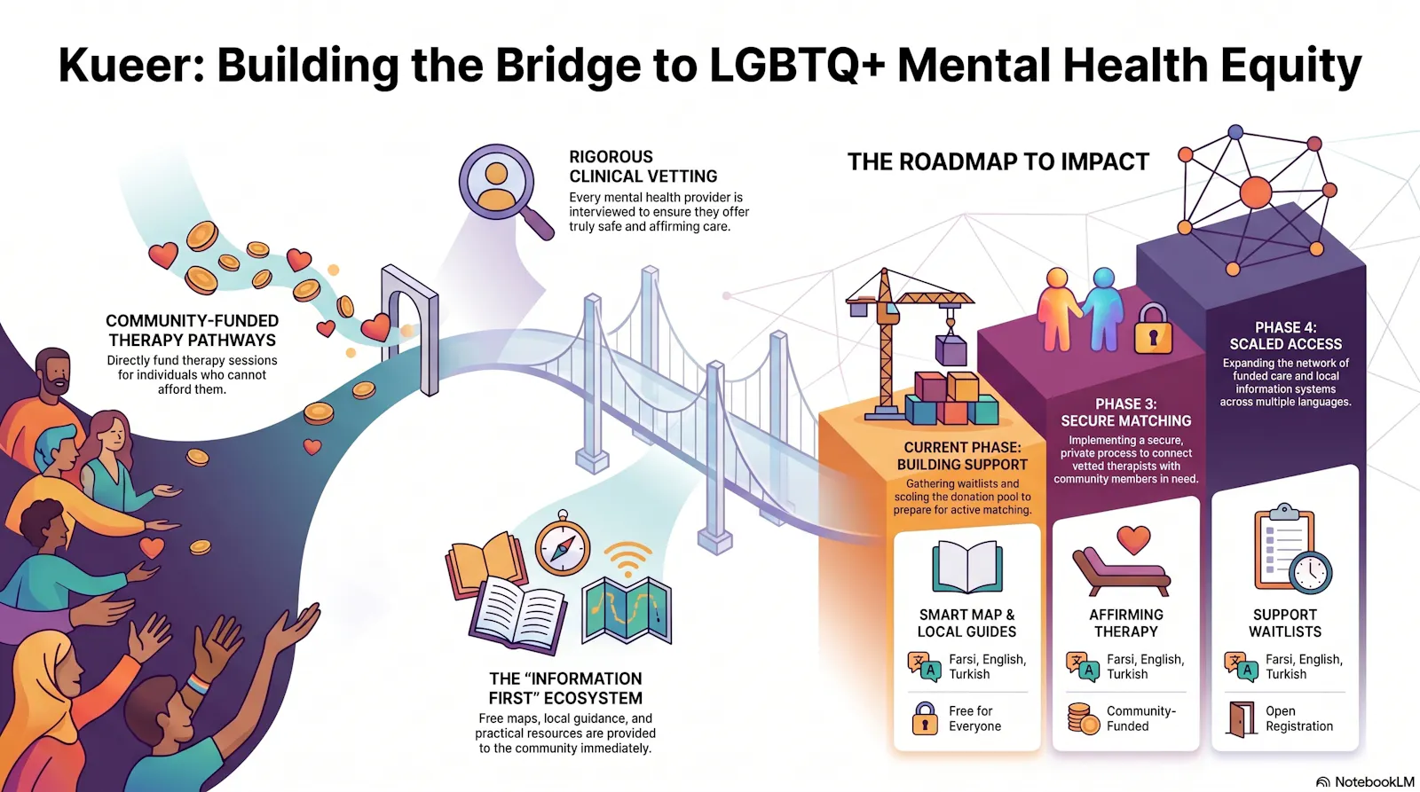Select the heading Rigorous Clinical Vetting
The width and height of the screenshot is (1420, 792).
(643, 167)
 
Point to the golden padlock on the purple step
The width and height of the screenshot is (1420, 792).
(1153, 329)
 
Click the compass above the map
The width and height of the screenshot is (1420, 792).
(563, 545)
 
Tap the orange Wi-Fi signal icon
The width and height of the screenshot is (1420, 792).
(627, 558)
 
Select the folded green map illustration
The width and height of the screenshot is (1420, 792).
(627, 611)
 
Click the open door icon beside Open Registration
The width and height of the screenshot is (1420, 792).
(1241, 719)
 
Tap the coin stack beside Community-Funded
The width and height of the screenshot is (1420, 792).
(1083, 719)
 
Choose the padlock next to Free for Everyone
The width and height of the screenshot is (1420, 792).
(925, 718)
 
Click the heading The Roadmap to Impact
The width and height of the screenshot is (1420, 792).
(998, 162)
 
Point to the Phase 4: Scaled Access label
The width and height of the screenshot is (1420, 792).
(1286, 336)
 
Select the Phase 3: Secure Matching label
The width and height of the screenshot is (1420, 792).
(1126, 412)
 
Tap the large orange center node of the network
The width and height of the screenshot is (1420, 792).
(1256, 192)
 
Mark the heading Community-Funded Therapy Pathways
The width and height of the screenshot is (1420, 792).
(192, 331)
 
